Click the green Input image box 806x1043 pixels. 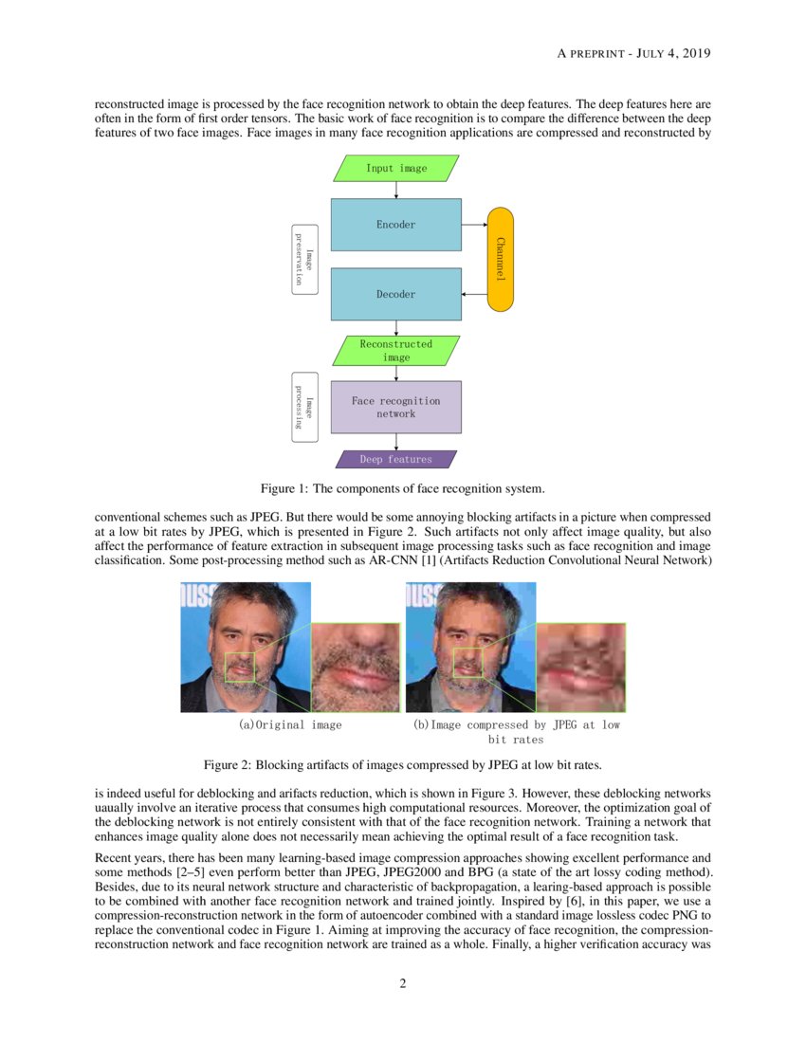[x=396, y=169]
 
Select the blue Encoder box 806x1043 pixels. [x=396, y=225]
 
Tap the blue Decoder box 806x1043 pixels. [x=396, y=294]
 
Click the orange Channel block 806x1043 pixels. [x=500, y=259]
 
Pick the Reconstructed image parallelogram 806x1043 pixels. [x=396, y=351]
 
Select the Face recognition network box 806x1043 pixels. [x=396, y=407]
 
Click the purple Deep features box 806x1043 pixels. [x=396, y=460]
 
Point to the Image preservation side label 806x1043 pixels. [x=304, y=259]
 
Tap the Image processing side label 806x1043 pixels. [x=304, y=407]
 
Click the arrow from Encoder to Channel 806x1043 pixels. [x=474, y=225]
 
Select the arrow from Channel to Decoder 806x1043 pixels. [x=474, y=294]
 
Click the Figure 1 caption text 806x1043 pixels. [x=403, y=489]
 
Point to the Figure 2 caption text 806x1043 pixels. [x=403, y=764]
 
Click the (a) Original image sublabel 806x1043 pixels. [x=290, y=725]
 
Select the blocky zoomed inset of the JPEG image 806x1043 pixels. [x=581, y=667]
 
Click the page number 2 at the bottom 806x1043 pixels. [x=403, y=983]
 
